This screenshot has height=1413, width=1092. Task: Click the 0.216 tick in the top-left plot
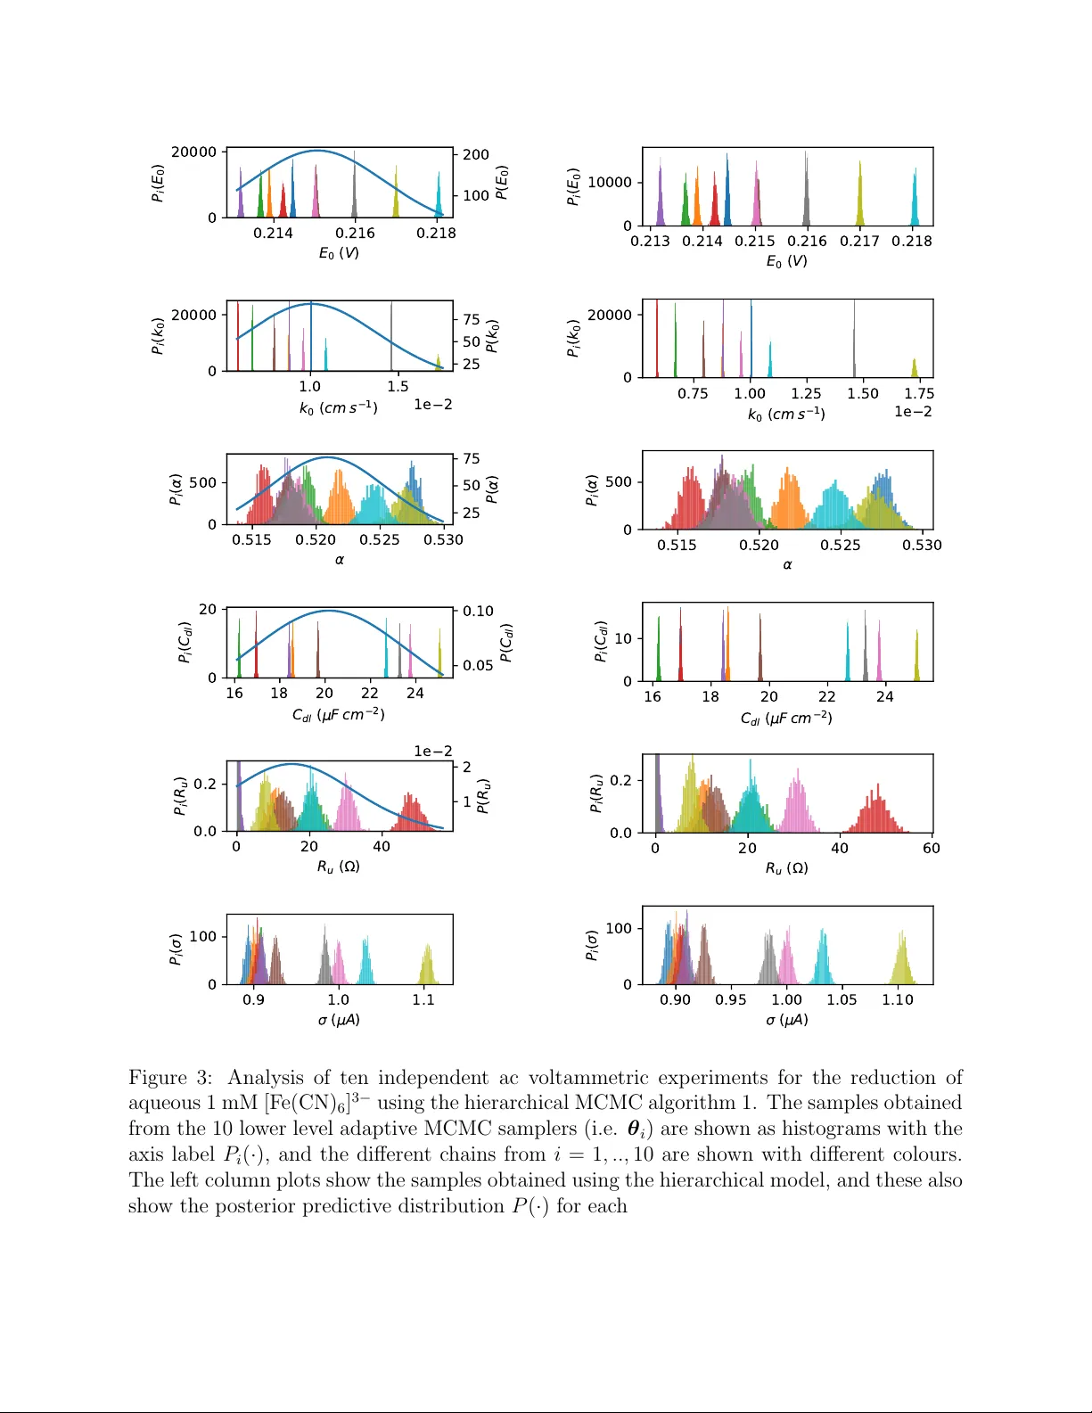pos(354,233)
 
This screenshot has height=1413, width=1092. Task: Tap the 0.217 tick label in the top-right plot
pos(859,241)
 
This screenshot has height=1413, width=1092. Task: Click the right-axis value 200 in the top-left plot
pos(476,154)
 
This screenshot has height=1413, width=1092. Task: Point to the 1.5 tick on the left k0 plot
pos(398,386)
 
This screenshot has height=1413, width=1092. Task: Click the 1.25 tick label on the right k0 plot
pos(806,393)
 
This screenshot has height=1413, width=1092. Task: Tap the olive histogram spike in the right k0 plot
pos(915,367)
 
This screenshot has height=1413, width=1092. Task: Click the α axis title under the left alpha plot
pos(340,560)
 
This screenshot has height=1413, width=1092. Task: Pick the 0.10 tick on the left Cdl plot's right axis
pos(478,611)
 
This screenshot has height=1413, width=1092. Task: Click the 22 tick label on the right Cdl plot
pos(826,696)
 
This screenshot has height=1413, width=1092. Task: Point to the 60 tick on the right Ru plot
pos(931,848)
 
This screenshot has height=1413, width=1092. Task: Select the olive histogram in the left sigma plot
pos(428,967)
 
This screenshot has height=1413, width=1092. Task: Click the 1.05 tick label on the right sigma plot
pos(842,999)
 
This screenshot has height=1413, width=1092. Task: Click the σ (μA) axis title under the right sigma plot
pos(787,1019)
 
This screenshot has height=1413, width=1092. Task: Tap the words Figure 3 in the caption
pos(169,1078)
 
